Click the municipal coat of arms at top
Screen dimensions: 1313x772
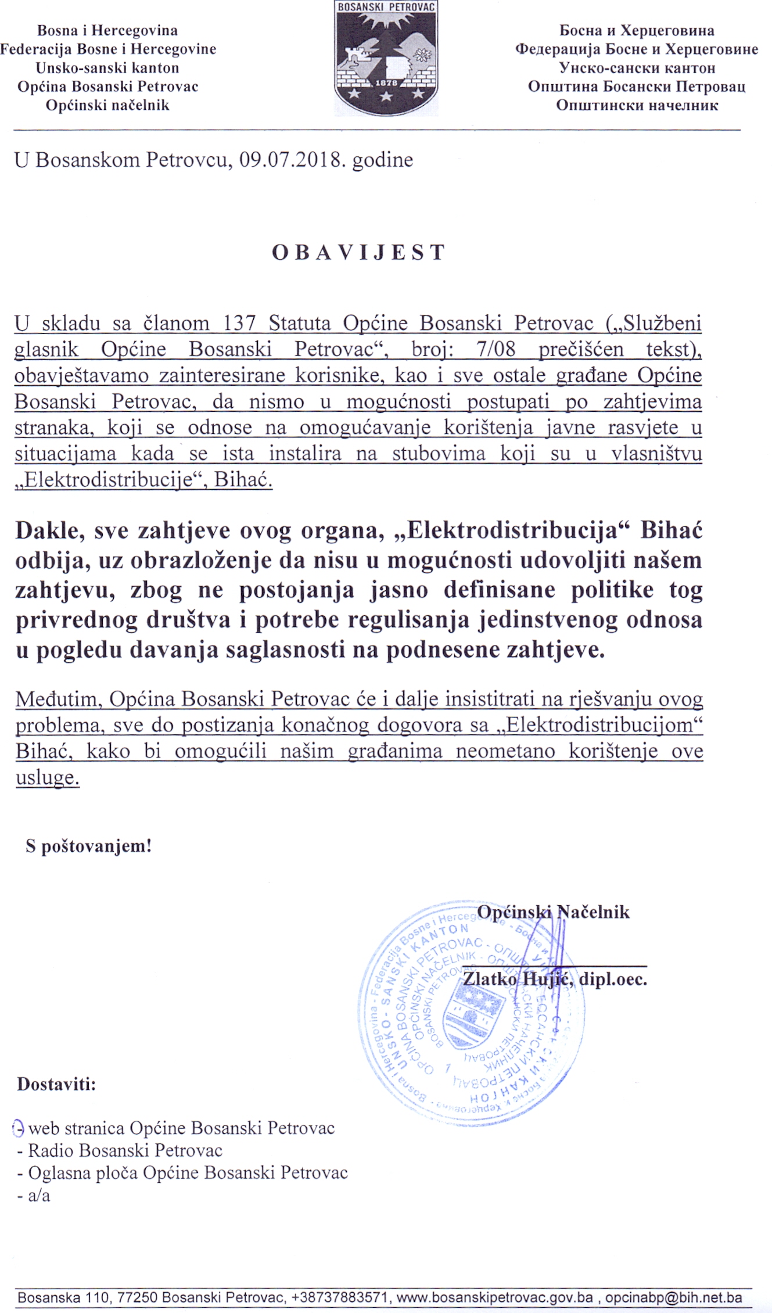pyautogui.click(x=386, y=58)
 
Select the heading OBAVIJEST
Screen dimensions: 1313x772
pyautogui.click(x=358, y=253)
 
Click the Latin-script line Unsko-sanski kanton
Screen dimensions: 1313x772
pyautogui.click(x=107, y=68)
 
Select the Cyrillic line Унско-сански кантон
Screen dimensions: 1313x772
pyautogui.click(x=637, y=68)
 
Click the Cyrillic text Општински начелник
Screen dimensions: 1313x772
pyautogui.click(x=637, y=105)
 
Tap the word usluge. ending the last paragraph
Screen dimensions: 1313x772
pyautogui.click(x=48, y=777)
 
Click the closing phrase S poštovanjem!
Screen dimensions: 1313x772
pyautogui.click(x=88, y=846)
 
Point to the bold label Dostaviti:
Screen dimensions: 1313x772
pyautogui.click(x=56, y=1084)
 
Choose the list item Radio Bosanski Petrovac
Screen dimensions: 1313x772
pyautogui.click(x=125, y=1150)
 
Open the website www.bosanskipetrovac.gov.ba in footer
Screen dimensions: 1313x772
pyautogui.click(x=494, y=1297)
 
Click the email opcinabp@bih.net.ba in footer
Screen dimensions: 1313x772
pyautogui.click(x=673, y=1297)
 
